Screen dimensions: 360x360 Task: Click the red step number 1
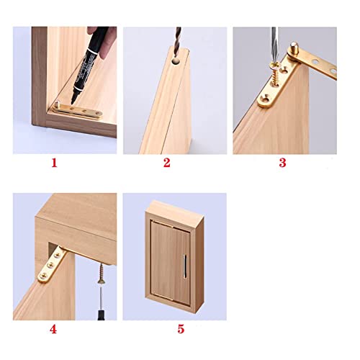53,163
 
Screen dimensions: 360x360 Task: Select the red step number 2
166,163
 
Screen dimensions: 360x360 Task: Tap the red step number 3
282,163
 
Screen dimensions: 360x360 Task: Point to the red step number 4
53,329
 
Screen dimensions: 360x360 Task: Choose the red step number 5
181,329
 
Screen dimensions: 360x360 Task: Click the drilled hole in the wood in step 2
174,63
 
